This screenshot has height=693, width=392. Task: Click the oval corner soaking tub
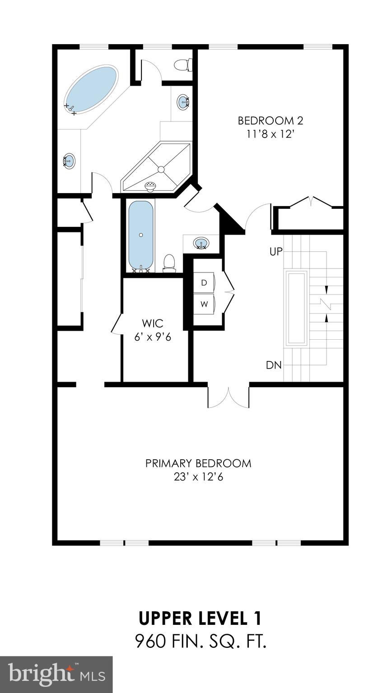[x=92, y=88]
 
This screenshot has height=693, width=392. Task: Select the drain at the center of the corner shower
[x=160, y=169]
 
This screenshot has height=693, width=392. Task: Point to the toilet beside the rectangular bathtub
[x=169, y=263]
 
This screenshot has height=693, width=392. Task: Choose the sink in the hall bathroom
[x=201, y=244]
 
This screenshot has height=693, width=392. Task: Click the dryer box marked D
[x=204, y=283]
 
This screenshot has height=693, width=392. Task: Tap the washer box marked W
[x=204, y=304]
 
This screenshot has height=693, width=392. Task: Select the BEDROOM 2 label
[x=270, y=121]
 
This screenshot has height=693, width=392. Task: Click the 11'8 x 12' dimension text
[x=270, y=134]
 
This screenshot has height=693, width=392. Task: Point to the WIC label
[x=152, y=323]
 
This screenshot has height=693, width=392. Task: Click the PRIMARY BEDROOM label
[x=198, y=463]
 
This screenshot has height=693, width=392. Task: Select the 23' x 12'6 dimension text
[x=198, y=477]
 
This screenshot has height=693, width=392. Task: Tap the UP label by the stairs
[x=276, y=252]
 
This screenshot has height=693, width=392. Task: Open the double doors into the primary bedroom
[x=229, y=396]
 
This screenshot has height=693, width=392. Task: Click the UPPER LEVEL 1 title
[x=200, y=619]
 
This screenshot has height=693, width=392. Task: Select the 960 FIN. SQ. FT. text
[x=200, y=641]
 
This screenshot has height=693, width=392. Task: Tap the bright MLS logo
[x=56, y=674]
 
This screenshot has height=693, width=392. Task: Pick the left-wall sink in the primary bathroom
[x=69, y=161]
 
